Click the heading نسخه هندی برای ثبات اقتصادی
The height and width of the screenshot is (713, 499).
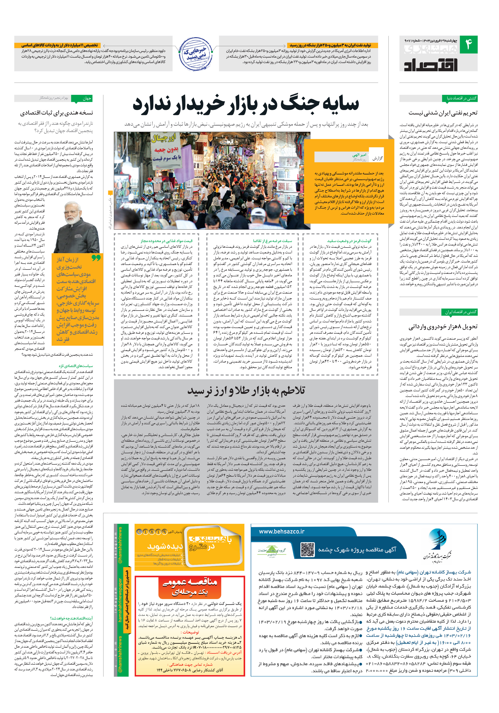click(57, 113)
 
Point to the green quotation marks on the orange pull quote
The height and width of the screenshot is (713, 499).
click(96, 258)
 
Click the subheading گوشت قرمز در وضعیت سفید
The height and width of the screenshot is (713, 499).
click(349, 241)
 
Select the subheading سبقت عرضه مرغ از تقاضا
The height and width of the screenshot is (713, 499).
click(272, 241)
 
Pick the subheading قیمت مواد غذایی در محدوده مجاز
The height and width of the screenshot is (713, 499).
click(166, 241)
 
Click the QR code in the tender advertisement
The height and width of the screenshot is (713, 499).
click(307, 549)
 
